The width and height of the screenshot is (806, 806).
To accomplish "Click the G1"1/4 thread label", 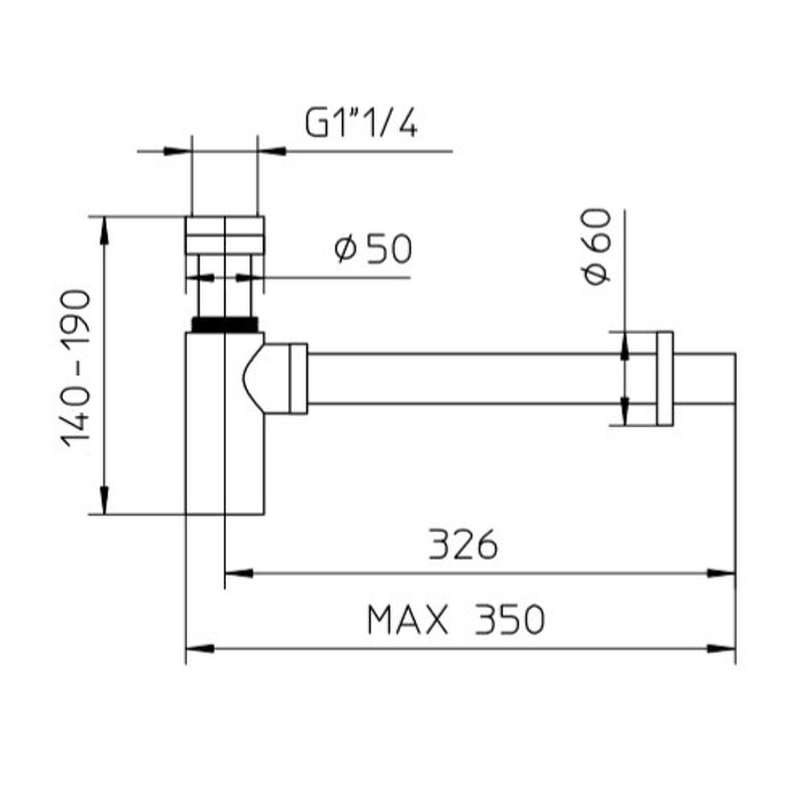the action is coord(361,123).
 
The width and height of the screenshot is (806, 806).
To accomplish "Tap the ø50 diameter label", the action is coord(373,249).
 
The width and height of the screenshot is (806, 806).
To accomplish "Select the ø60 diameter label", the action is coord(598,246).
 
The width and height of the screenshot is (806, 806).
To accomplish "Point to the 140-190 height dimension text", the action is coord(76,368).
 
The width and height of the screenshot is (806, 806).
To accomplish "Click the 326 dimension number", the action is coord(463,544).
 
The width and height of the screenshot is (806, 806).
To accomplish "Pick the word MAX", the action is coord(408,620).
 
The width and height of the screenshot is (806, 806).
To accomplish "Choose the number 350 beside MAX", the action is coord(509,620).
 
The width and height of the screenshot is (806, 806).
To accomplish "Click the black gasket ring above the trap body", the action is coord(225,325).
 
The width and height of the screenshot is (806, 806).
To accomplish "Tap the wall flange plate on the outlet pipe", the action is coord(665,379).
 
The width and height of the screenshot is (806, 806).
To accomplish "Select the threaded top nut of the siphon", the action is coord(225,235).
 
